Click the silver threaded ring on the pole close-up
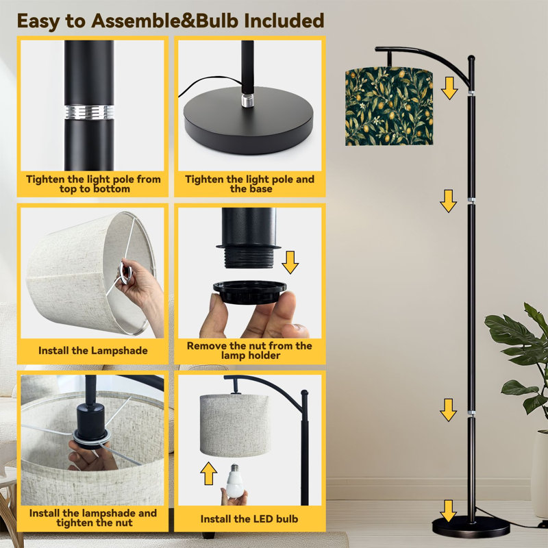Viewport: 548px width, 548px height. click(89, 112)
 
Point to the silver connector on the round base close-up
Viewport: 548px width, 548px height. click(247, 100)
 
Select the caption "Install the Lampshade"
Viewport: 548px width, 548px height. click(93, 351)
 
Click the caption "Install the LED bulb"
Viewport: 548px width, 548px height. click(249, 519)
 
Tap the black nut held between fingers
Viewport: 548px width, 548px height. click(249, 292)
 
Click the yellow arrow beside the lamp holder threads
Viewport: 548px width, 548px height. click(290, 262)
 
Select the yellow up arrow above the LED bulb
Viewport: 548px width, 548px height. click(209, 473)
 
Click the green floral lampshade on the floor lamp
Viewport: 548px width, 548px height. click(389, 106)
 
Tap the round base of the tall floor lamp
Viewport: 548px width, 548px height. click(471, 526)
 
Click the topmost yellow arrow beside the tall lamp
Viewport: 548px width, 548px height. click(449, 88)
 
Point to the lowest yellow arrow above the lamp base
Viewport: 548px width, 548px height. click(449, 511)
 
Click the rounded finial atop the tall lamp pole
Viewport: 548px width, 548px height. click(471, 59)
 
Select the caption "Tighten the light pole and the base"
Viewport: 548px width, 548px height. click(249, 184)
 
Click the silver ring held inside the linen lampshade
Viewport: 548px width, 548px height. click(125, 271)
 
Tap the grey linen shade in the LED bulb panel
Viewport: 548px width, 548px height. click(235, 425)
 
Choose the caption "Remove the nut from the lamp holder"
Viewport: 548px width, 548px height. click(249, 351)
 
